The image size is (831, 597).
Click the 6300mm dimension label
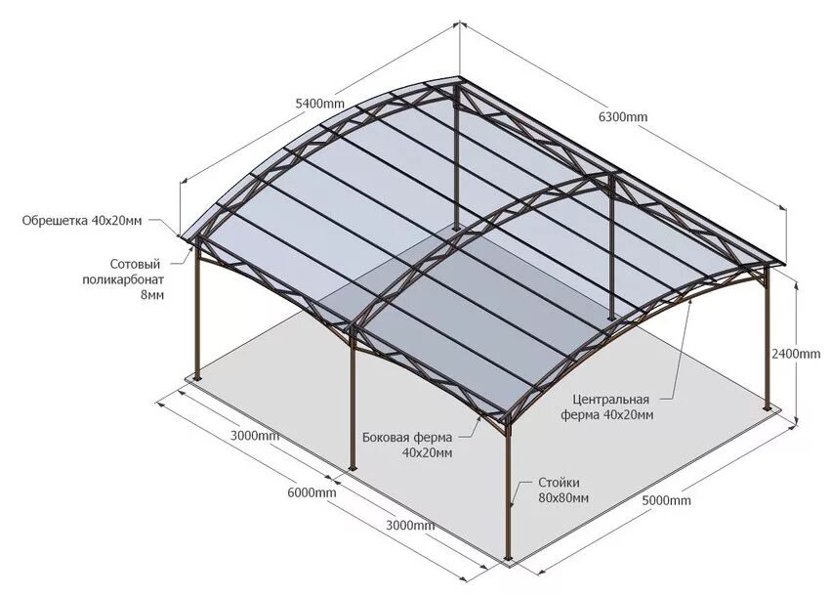click(x=623, y=117)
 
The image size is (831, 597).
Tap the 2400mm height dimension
click(x=796, y=354)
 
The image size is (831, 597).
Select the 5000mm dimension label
click(x=667, y=501)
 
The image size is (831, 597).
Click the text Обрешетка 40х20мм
click(x=82, y=221)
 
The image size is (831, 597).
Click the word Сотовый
click(x=135, y=264)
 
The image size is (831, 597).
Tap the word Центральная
click(x=612, y=400)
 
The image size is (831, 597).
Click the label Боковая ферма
click(x=406, y=437)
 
